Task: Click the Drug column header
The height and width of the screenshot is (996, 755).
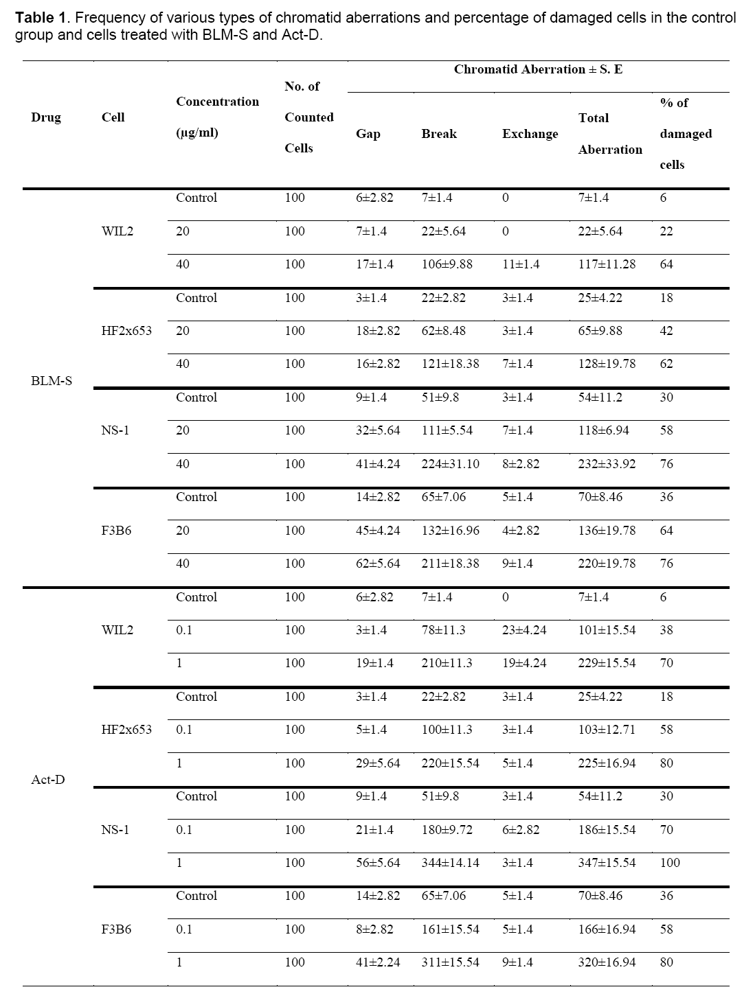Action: pyautogui.click(x=46, y=117)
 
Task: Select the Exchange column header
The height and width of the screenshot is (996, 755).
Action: pyautogui.click(x=530, y=134)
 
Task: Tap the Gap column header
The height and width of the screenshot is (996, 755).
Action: pyautogui.click(x=368, y=134)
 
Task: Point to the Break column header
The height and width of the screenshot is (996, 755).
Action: pyautogui.click(x=439, y=134)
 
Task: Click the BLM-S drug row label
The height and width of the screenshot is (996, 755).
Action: pyautogui.click(x=52, y=380)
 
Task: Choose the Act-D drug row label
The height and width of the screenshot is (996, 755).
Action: pyautogui.click(x=49, y=780)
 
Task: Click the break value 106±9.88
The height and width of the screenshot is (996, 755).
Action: pyautogui.click(x=447, y=264)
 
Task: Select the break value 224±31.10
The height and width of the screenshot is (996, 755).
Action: pyautogui.click(x=450, y=464)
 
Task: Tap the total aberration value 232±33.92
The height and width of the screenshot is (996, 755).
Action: pyautogui.click(x=607, y=464)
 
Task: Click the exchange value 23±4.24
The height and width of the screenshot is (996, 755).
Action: pyautogui.click(x=524, y=630)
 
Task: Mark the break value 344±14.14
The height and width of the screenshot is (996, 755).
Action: pyautogui.click(x=450, y=863)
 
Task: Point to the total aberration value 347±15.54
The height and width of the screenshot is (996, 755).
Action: pyautogui.click(x=607, y=863)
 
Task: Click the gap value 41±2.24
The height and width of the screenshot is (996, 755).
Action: pyautogui.click(x=377, y=962)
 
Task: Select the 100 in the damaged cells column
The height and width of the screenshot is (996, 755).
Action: pyautogui.click(x=670, y=863)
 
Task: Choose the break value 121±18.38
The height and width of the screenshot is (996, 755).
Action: pyautogui.click(x=450, y=364)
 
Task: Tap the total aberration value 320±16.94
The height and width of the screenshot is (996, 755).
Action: pyautogui.click(x=607, y=962)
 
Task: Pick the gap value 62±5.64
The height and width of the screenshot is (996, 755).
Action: pyautogui.click(x=377, y=564)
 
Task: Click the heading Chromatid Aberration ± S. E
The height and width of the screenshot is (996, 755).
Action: pyautogui.click(x=538, y=69)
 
